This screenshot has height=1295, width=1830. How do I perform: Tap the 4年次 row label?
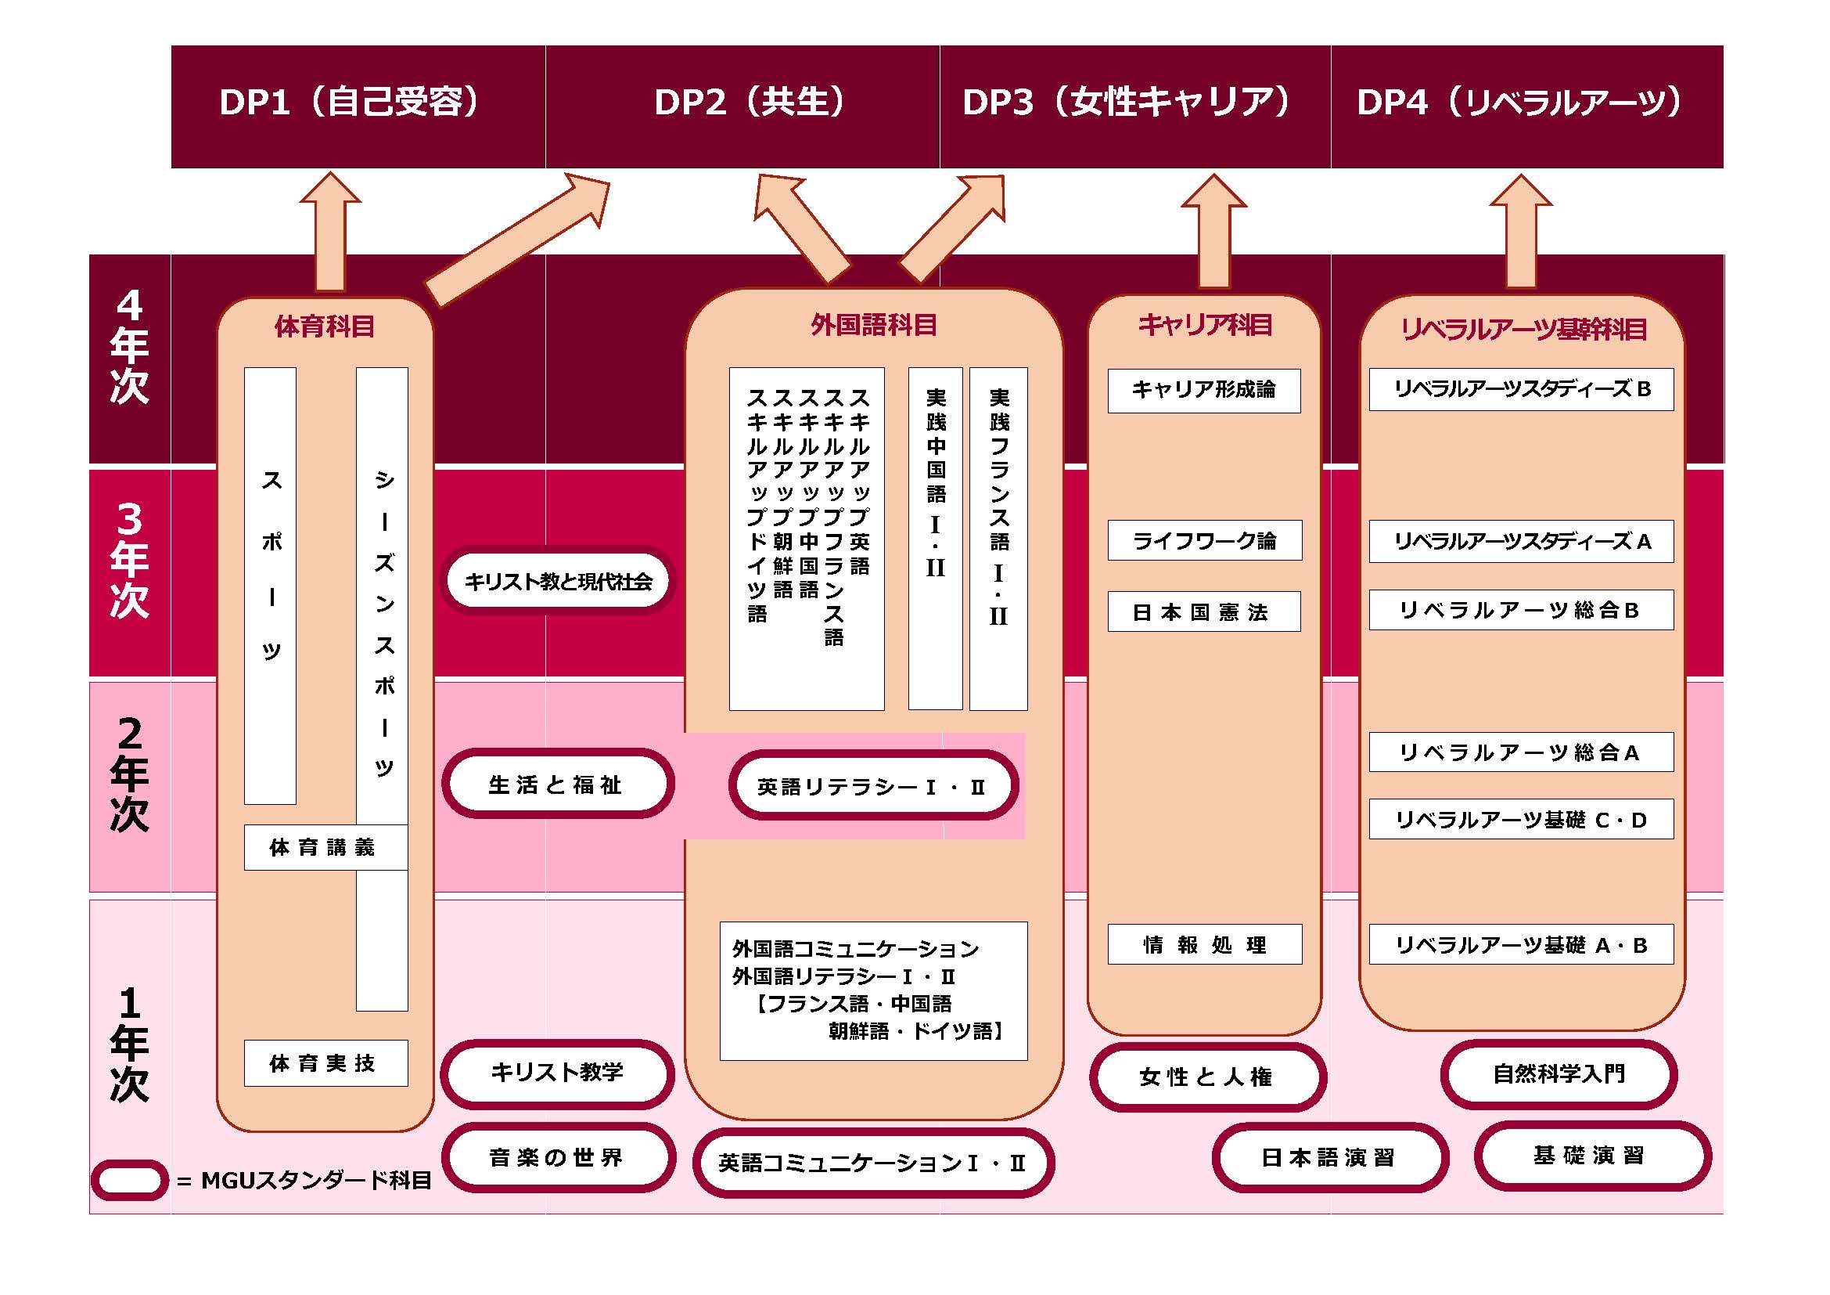(x=129, y=347)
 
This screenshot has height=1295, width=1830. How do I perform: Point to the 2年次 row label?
(x=129, y=774)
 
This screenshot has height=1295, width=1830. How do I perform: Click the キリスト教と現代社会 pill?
(x=558, y=581)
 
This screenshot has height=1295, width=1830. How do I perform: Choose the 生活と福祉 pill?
(x=556, y=785)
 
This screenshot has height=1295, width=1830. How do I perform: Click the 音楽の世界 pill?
(x=557, y=1157)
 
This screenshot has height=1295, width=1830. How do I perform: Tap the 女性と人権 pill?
(x=1206, y=1077)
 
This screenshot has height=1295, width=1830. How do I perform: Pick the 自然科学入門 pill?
(x=1559, y=1074)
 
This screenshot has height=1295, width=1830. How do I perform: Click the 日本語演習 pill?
(x=1328, y=1157)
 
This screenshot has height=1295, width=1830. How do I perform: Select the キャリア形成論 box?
(x=1203, y=390)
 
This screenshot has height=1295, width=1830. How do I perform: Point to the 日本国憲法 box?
(x=1203, y=611)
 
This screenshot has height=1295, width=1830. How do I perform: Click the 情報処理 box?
(x=1204, y=944)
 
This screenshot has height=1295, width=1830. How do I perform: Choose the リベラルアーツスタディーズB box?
(x=1521, y=389)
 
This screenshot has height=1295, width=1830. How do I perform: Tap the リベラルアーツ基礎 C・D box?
(x=1521, y=819)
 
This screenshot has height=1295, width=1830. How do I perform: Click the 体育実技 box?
(x=325, y=1063)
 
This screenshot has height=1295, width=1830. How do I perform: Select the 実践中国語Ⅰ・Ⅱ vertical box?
(x=935, y=538)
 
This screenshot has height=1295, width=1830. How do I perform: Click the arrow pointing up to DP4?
(x=1521, y=231)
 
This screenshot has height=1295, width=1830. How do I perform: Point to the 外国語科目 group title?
(x=874, y=326)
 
